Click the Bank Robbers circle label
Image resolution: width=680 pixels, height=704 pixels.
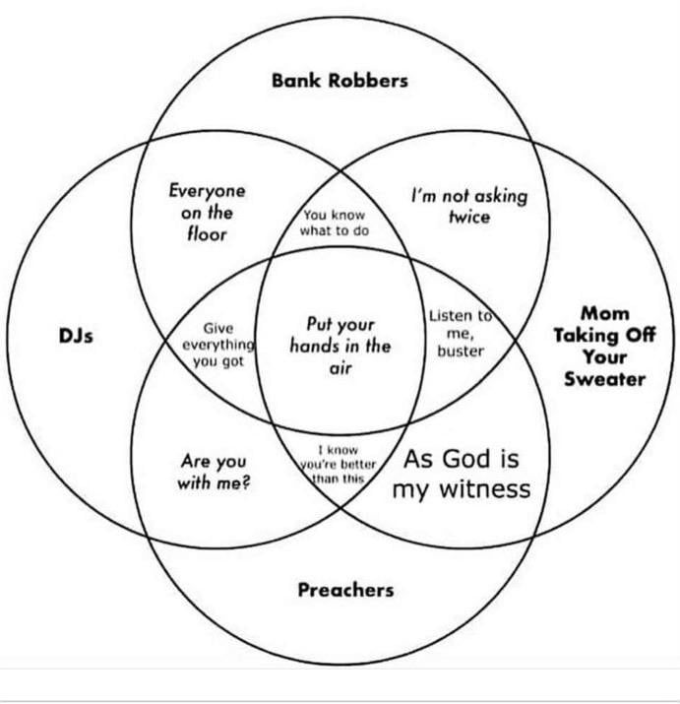pos(340,81)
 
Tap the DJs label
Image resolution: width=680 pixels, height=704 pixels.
pos(76,337)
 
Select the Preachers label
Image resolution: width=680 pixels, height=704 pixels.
pos(345,590)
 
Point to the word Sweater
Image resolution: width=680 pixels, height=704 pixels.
pos(604,378)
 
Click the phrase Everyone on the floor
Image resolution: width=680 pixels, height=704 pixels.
pos(207,212)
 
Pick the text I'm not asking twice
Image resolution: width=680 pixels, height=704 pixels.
pos(468,206)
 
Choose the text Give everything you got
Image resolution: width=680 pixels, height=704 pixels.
pos(217,345)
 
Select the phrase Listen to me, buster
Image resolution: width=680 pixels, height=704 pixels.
pos(460,333)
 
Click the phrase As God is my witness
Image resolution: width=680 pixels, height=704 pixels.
pos(462,474)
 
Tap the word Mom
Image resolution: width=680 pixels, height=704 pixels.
pos(604,313)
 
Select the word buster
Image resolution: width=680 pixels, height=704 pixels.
pos(460,351)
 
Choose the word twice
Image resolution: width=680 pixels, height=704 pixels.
pos(468,217)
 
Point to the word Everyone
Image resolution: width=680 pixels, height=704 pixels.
pos(207,190)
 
